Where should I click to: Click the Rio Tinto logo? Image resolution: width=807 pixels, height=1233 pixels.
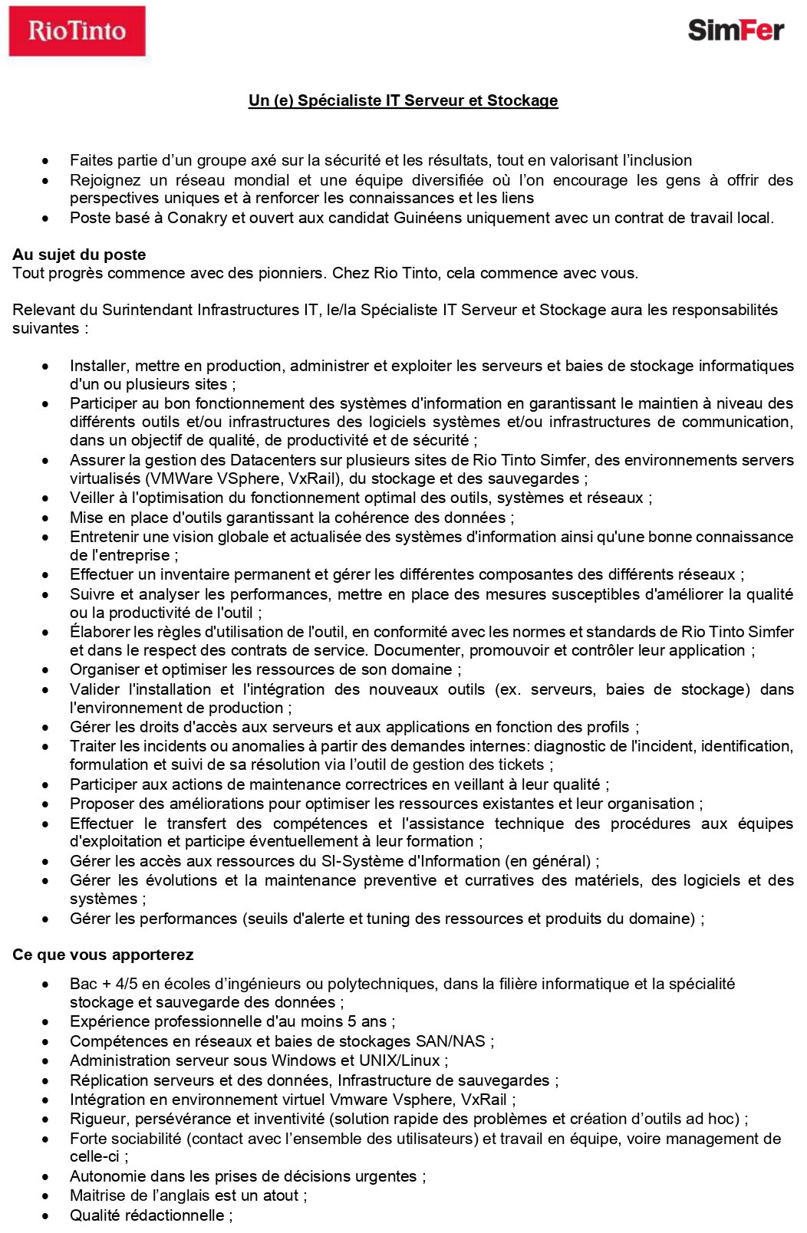point(77,31)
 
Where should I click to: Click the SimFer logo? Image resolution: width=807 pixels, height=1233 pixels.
point(736,30)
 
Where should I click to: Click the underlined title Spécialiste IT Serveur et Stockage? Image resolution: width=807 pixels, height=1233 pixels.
point(403,100)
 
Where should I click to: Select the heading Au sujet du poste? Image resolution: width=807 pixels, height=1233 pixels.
point(79,255)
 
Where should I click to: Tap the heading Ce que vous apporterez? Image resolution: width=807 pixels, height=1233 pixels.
point(103,955)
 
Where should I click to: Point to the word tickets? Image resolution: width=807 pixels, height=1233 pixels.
point(520,764)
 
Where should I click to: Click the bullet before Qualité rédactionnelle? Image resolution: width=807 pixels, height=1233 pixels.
point(46,1216)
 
